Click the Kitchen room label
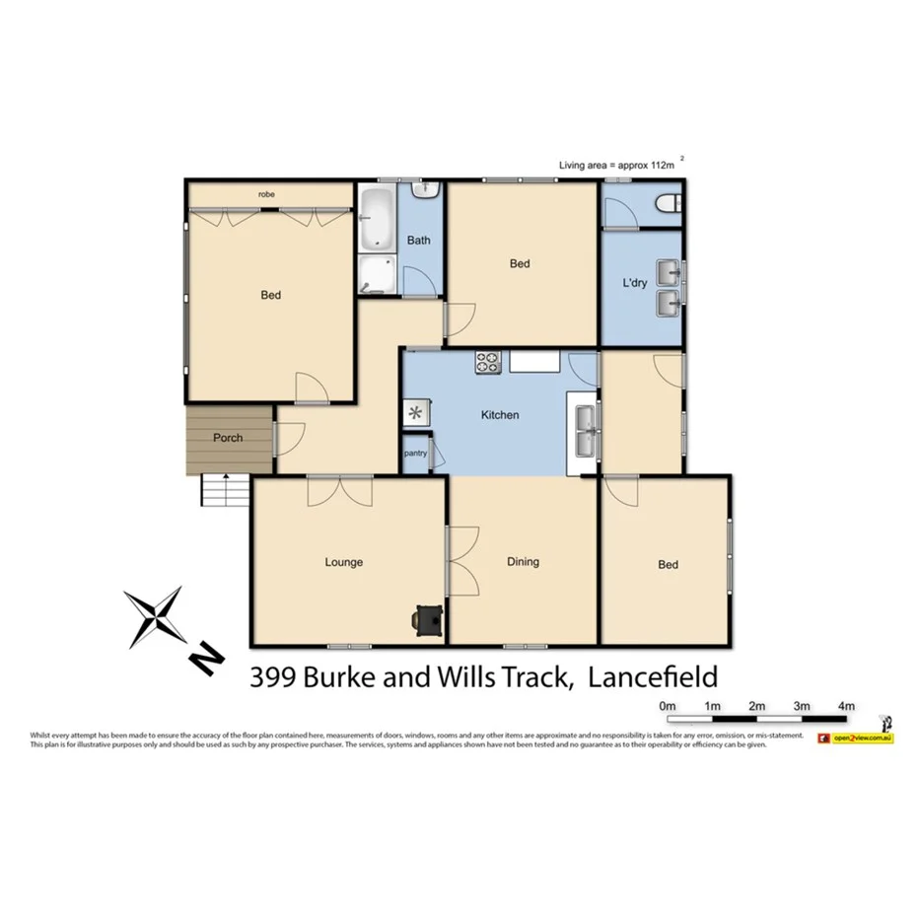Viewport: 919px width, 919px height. point(499,415)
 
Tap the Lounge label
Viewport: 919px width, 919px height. point(344,562)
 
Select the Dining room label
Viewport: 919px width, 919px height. point(523,562)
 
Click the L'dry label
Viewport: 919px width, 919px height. point(633,284)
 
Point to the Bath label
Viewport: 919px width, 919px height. point(419,240)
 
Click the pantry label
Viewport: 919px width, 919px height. point(415,454)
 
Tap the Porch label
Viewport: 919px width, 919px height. point(227,438)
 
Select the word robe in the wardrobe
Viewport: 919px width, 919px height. point(266,194)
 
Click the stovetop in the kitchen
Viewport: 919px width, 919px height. point(487,362)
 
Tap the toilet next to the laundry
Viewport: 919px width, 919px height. point(670,204)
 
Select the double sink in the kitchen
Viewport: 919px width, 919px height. point(585,431)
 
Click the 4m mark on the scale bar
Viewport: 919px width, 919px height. point(845,706)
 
